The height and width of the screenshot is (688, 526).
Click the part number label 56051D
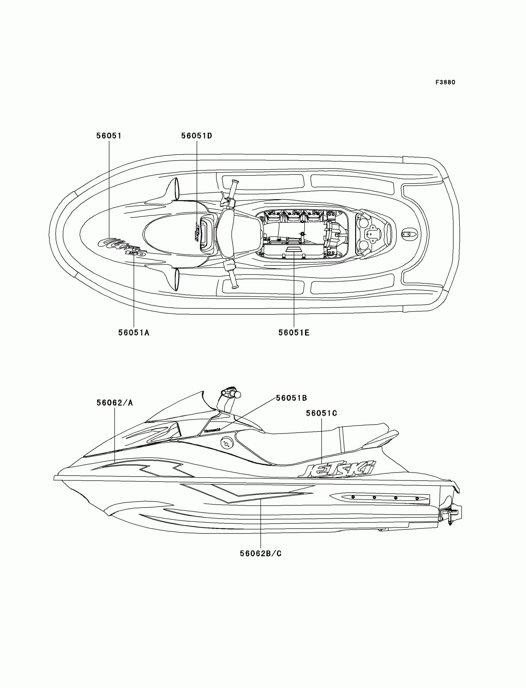point(196,136)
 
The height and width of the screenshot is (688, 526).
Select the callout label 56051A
point(134,333)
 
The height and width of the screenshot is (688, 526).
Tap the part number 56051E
point(294,333)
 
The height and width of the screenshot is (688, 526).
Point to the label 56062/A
point(114,403)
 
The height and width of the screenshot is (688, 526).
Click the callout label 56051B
point(291,398)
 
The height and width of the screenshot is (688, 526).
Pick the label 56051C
point(321,413)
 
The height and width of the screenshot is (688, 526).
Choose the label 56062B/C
point(261,554)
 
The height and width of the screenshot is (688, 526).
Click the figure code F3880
point(445,82)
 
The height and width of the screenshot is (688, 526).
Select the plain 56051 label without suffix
point(109,136)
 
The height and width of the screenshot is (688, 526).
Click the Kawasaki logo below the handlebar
point(212,431)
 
